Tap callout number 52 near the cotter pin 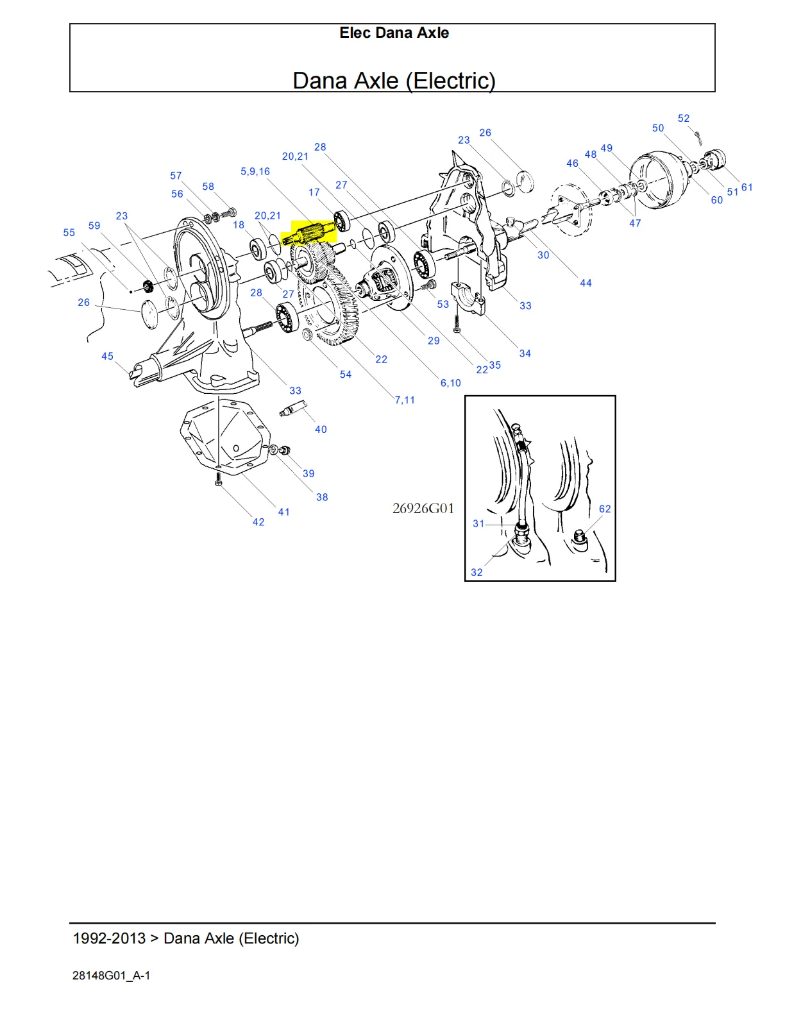(x=684, y=119)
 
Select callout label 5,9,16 (x=255, y=172)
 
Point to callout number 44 (x=586, y=283)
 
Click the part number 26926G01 (x=423, y=509)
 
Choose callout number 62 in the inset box (x=605, y=509)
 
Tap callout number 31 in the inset (x=478, y=524)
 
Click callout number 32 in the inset (x=477, y=573)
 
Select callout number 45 (x=107, y=357)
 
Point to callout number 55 (x=69, y=233)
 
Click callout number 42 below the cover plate (x=258, y=523)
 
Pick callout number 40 (x=321, y=430)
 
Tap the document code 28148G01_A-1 (x=112, y=976)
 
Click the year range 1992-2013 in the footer (x=109, y=938)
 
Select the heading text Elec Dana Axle (x=394, y=33)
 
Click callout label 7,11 (x=405, y=400)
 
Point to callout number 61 (x=747, y=188)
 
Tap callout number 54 (x=346, y=375)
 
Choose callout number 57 (x=176, y=176)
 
